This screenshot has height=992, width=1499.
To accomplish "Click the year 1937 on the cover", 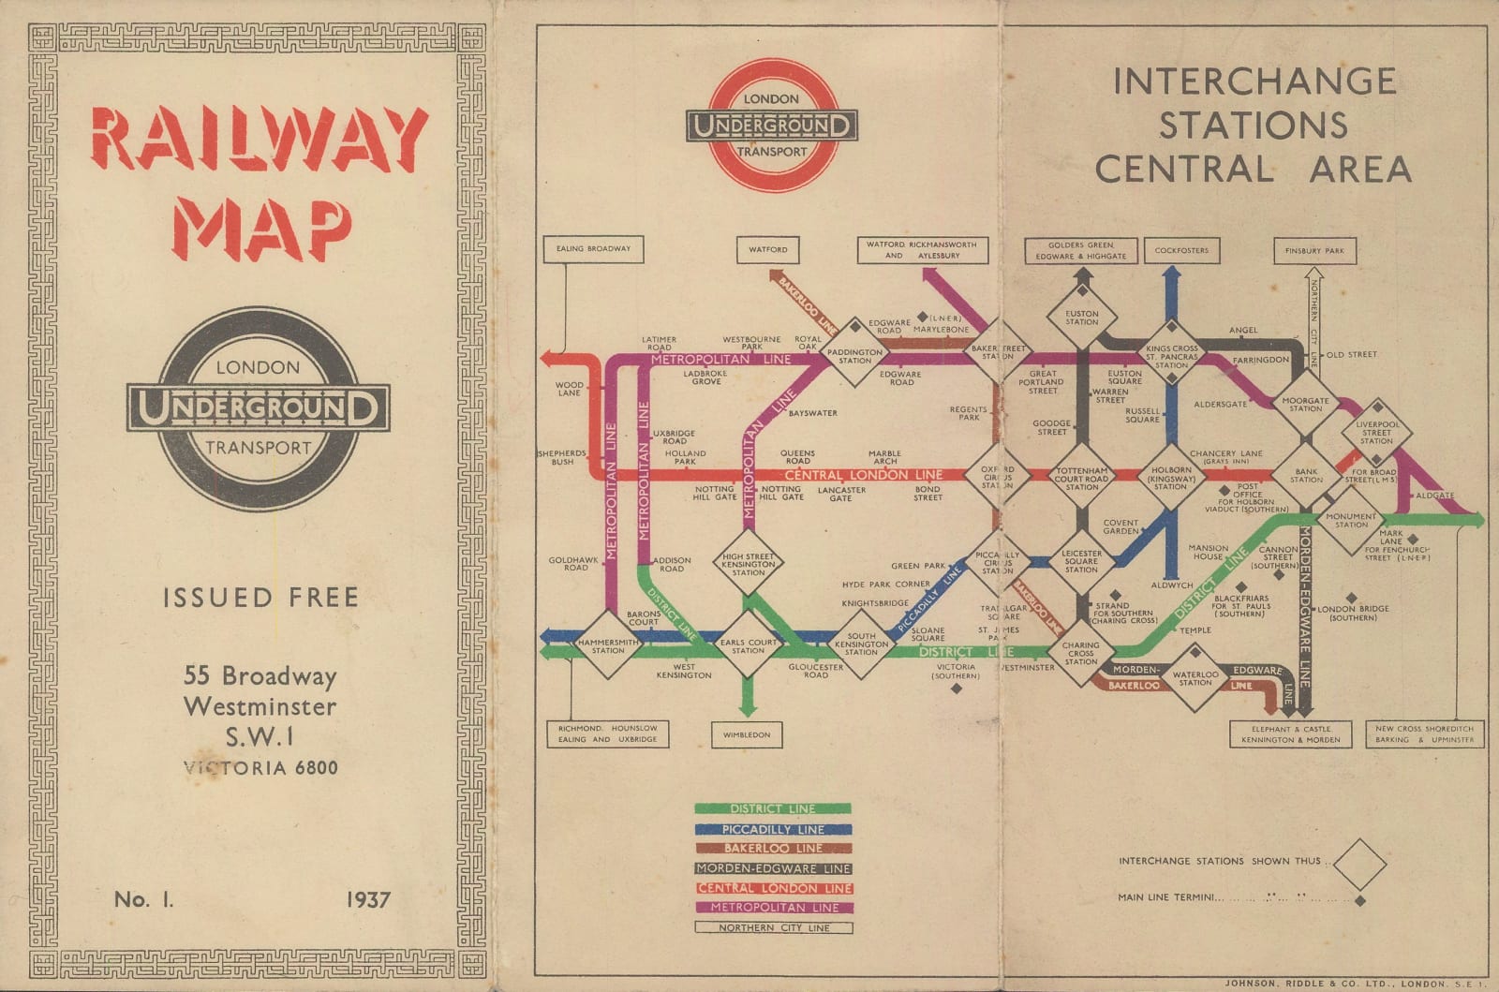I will pos(367,899).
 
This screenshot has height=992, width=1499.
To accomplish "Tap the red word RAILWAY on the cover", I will pos(260,140).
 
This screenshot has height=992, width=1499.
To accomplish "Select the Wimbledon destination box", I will pos(747,735).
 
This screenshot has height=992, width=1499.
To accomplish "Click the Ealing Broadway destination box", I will pos(593,249).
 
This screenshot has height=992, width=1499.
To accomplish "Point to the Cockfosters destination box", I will pos(1181,250).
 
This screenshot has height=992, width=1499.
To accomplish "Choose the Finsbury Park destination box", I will pos(1314,251).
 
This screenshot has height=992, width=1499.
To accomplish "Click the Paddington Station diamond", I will pos(854,353).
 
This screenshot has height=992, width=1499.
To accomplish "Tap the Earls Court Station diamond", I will pos(748,644).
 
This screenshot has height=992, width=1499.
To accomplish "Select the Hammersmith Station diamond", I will pos(608,644).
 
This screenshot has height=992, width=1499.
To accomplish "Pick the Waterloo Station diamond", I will pos(1195,677).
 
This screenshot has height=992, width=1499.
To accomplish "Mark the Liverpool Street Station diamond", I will pos(1376,432).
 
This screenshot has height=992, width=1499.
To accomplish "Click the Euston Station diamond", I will pos(1082,318).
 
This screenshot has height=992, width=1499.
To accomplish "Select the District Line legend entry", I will pos(773,808).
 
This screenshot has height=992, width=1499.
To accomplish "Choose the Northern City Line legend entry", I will pos(774,927).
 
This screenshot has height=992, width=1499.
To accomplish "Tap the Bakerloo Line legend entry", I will pos(773,849).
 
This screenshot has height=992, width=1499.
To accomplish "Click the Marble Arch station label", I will pos(884,457).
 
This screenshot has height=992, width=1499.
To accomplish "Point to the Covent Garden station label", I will pos(1121,526).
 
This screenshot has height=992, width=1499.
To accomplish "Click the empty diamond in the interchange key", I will pos(1359,864).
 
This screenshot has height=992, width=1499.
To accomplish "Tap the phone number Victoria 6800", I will pos(260,768).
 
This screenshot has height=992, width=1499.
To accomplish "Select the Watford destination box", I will pos(768,249).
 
